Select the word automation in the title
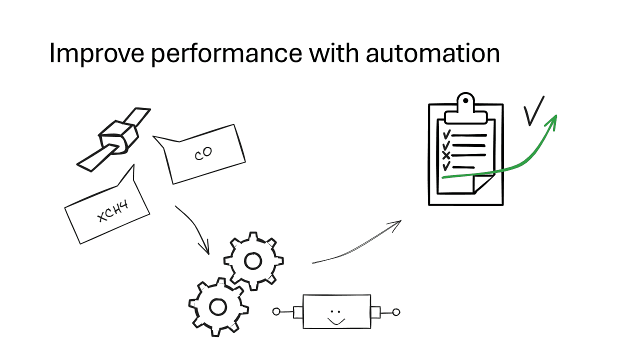432,52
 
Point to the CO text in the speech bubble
203,153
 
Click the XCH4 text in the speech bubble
113,211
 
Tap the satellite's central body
117,137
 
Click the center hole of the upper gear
252,260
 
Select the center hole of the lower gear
218,306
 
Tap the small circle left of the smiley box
276,312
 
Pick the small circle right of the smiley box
396,312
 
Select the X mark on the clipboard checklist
446,155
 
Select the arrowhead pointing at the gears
205,248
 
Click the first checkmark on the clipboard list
446,134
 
